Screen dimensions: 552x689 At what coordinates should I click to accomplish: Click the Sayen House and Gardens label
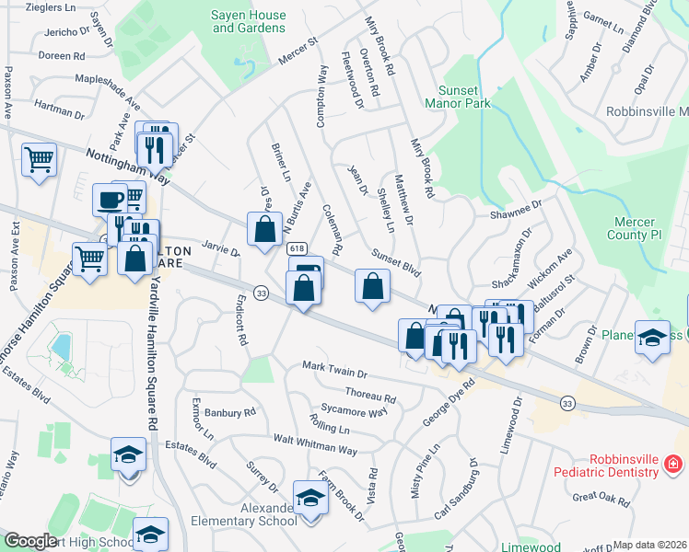tap(248, 21)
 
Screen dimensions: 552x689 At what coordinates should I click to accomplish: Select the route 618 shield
tap(297, 249)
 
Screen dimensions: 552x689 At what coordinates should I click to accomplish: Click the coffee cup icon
tap(111, 199)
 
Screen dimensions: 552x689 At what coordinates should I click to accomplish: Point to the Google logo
tap(30, 541)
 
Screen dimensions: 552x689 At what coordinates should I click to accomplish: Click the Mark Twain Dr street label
tap(335, 373)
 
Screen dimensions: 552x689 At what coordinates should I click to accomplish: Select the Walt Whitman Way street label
tap(314, 448)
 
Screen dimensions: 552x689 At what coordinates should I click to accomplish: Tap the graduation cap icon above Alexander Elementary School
tap(310, 498)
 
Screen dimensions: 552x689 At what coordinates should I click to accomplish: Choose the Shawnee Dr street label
tap(518, 213)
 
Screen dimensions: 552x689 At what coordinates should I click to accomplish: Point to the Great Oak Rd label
tap(601, 500)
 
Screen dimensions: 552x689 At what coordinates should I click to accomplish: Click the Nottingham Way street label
tap(128, 163)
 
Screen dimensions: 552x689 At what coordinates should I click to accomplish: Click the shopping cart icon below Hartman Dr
tap(39, 160)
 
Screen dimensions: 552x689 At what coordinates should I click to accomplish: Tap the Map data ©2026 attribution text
tap(650, 545)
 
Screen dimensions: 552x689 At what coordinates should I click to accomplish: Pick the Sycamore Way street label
tap(354, 411)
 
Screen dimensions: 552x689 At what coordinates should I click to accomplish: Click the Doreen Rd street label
tap(62, 55)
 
